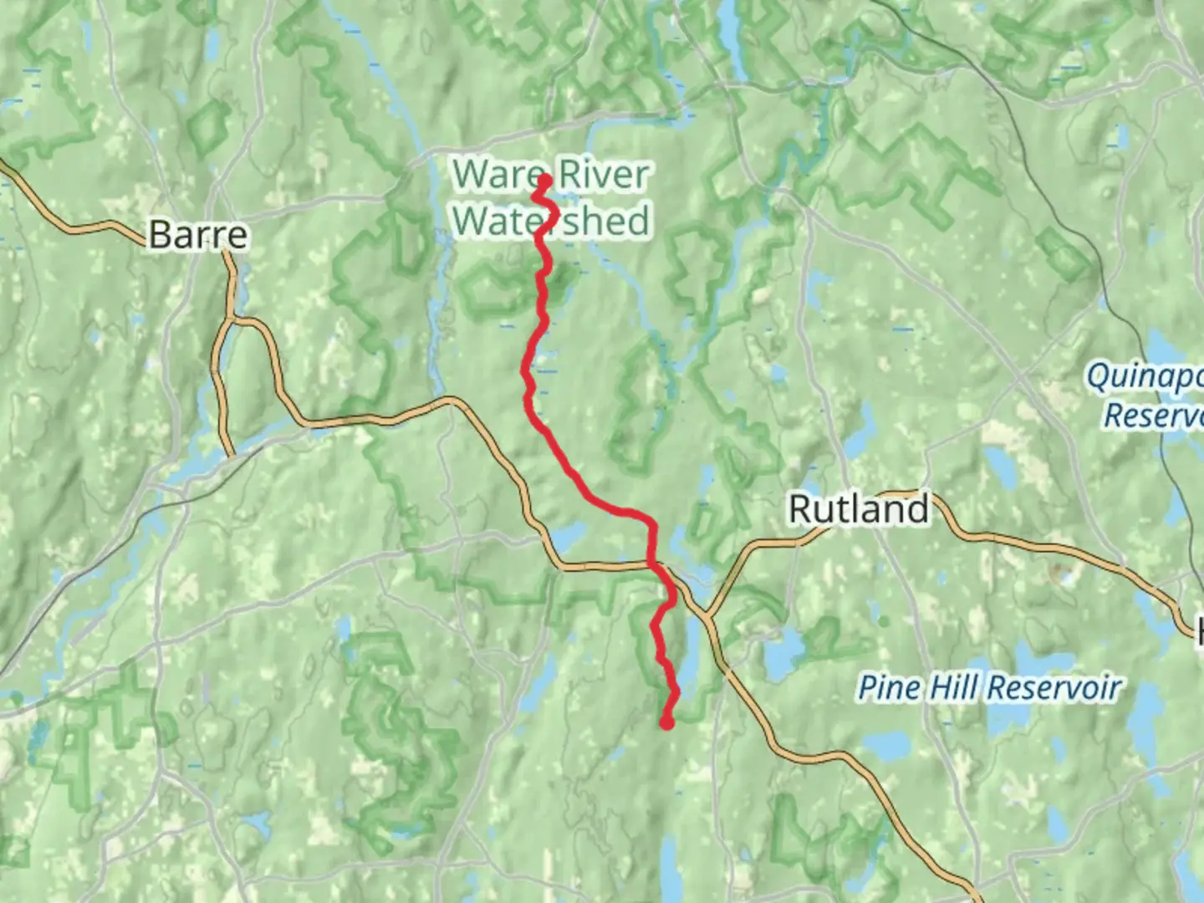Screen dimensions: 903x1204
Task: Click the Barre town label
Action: coord(198,235)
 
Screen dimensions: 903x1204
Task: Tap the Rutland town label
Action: coord(859,508)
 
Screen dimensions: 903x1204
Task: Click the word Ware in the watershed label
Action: coord(498,175)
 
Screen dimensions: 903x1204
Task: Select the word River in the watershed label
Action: coord(604,175)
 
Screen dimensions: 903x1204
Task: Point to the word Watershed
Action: coord(552,221)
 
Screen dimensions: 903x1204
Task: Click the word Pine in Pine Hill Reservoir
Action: coord(890,688)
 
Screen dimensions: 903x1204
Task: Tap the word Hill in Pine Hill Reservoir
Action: coord(955,688)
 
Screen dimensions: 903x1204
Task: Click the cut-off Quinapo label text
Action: coord(1144,376)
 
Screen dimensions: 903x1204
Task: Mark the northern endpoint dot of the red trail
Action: coord(544,179)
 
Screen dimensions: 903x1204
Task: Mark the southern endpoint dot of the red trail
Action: coord(667,723)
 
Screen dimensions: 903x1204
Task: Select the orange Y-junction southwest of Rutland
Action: coord(707,617)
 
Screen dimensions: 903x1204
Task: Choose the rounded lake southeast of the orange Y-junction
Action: coord(783,648)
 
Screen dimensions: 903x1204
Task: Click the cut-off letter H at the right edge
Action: coord(1198,629)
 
